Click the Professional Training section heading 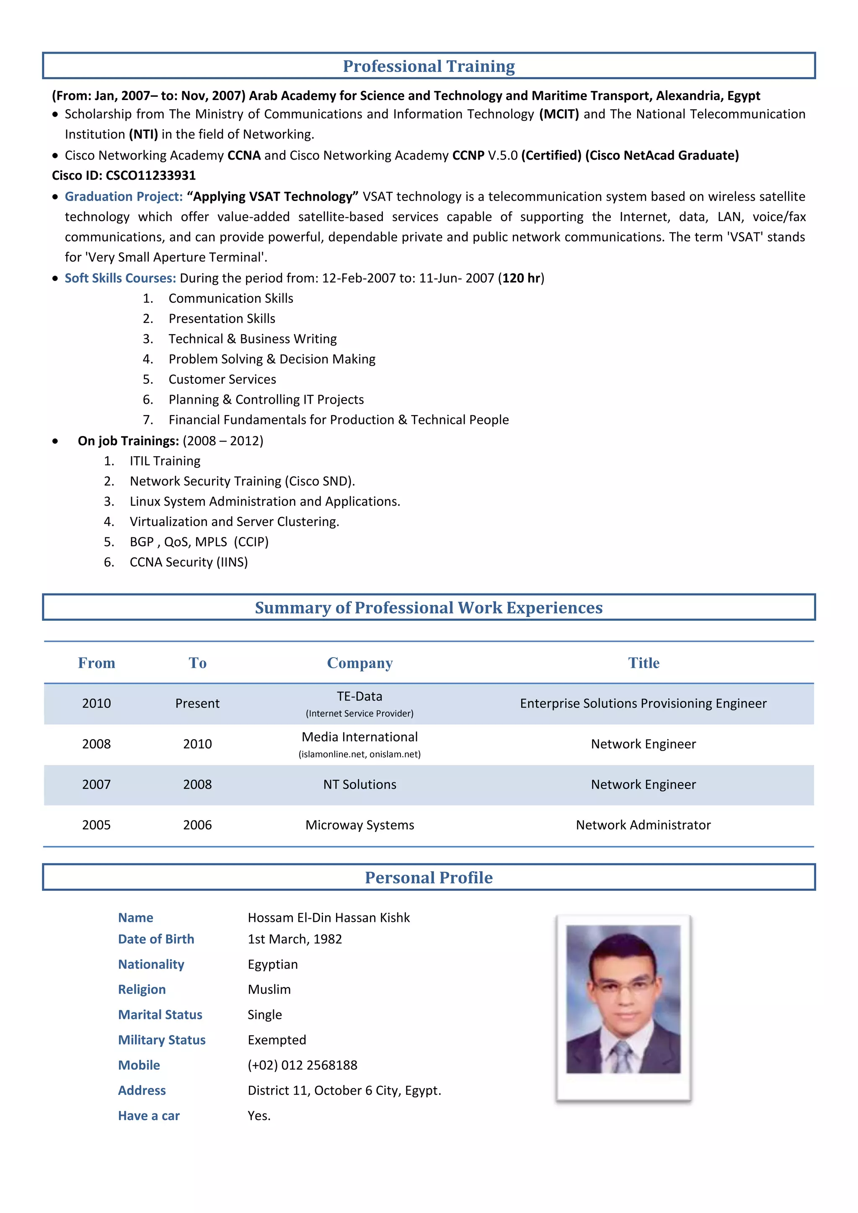429,66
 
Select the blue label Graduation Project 124,196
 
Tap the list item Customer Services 222,379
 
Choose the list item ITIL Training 165,461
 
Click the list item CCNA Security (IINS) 189,562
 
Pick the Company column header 360,663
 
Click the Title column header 643,663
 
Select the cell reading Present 197,704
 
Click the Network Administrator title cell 643,825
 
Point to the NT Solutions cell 360,785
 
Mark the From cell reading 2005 96,825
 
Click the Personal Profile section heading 429,877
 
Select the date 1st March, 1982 295,939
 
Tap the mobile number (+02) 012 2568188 302,1066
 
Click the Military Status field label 162,1040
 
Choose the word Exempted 277,1040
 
